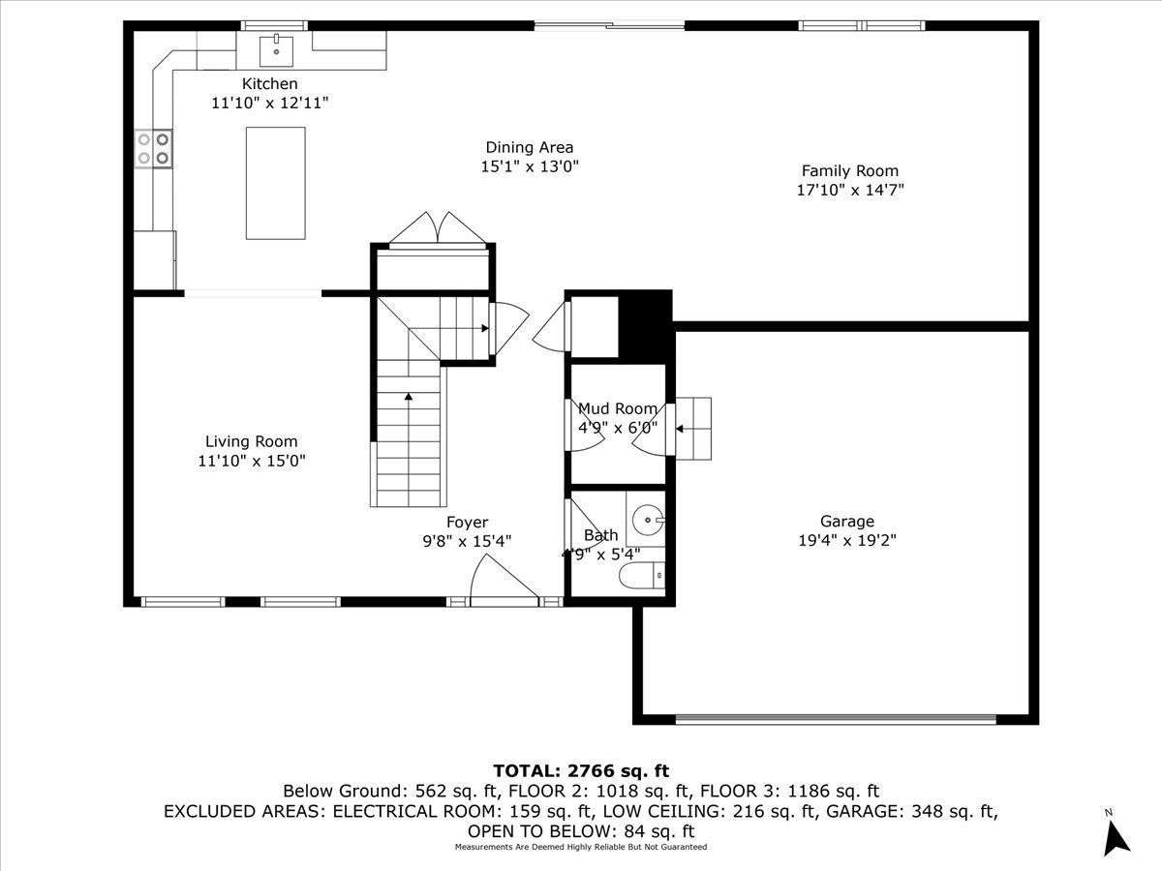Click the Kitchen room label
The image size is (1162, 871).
pos(269,84)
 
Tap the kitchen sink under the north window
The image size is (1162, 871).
pos(277,45)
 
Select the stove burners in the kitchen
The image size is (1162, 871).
pos(153,147)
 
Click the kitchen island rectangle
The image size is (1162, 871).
pos(275,183)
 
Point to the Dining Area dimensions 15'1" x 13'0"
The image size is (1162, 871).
pos(530,166)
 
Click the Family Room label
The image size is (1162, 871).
pos(849,171)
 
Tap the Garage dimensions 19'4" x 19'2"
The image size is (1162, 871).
pos(847,541)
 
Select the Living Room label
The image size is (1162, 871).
pos(251,441)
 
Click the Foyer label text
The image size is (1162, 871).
pos(467,523)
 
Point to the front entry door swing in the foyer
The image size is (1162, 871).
pos(499,578)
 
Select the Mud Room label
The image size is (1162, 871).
pos(617,408)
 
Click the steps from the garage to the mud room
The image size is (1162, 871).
pos(693,428)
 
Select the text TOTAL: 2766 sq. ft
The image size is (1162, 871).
pos(581,770)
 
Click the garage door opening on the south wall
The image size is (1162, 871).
pos(835,719)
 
